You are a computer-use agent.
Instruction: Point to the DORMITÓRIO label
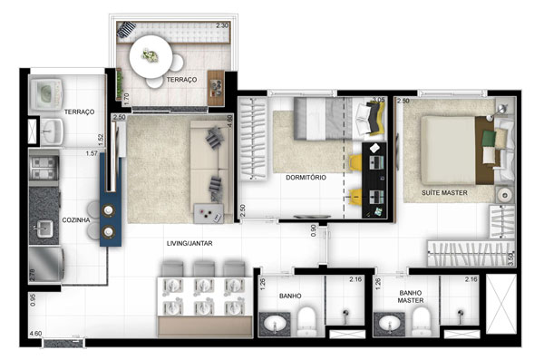pos(303,178)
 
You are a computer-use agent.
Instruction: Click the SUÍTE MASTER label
pos(444,192)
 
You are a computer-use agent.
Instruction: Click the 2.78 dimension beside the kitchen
pos(33,272)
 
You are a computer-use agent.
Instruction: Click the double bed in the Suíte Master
pos(451,145)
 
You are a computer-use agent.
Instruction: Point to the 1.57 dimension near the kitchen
pos(92,153)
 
